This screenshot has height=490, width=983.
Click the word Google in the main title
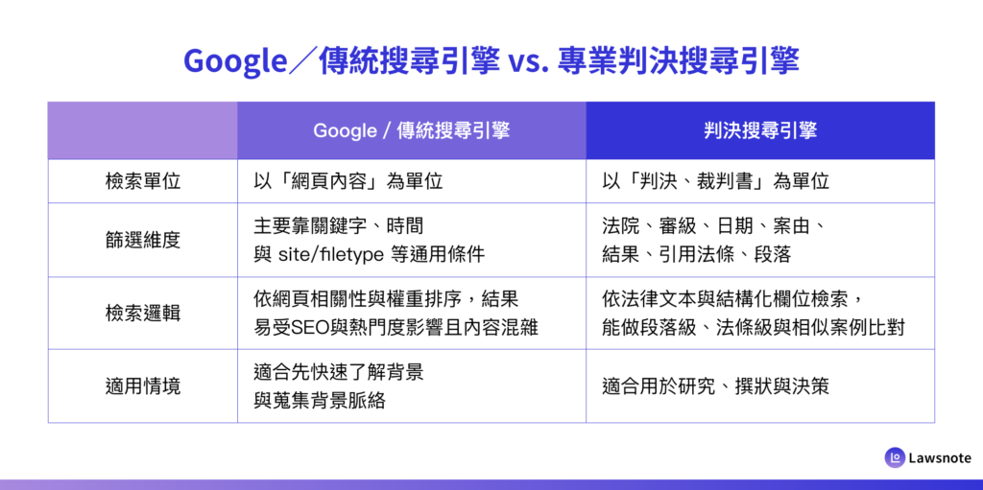[x=235, y=62]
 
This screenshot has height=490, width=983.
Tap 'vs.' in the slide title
[x=525, y=62]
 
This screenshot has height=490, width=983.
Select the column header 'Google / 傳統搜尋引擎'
[x=411, y=130]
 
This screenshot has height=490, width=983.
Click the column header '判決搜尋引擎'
[x=760, y=130]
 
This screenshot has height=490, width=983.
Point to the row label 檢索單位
[x=143, y=181]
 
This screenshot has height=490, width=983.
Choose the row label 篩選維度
[x=143, y=240]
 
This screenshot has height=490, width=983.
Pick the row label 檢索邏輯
[x=143, y=313]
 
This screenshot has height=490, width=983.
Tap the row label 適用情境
[x=143, y=386]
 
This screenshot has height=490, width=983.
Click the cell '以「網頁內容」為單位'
[x=348, y=181]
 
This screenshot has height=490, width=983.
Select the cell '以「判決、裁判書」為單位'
[x=715, y=181]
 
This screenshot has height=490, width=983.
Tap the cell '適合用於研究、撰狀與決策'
[x=715, y=386]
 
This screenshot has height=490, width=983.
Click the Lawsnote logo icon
[x=895, y=457]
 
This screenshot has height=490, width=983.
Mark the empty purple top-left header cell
[x=143, y=130]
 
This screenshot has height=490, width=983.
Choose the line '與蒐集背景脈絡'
[x=319, y=401]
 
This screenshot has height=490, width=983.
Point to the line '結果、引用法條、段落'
[x=696, y=254]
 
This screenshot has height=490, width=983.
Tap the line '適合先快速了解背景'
[x=339, y=371]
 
